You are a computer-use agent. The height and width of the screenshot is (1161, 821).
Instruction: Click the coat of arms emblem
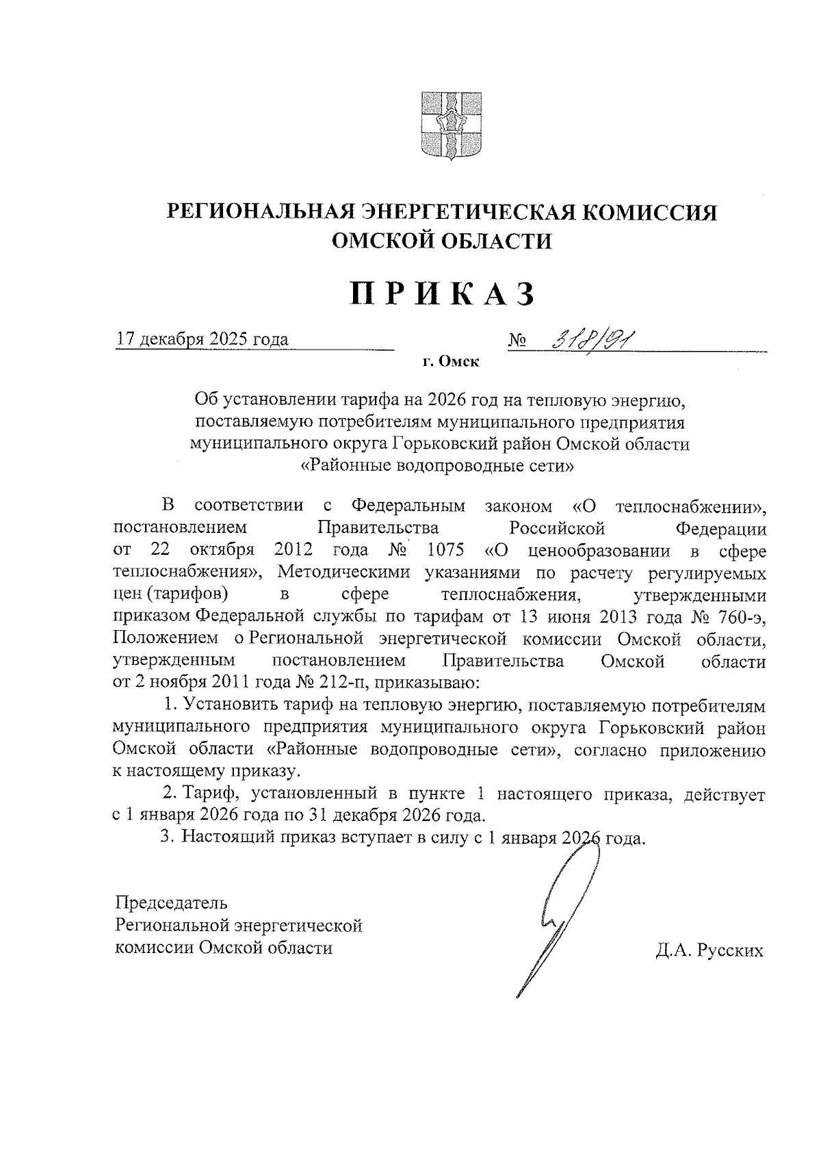[x=443, y=125]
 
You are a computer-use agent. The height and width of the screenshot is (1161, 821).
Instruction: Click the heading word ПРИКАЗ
[x=442, y=293]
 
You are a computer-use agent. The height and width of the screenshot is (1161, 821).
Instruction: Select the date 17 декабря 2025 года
[x=203, y=339]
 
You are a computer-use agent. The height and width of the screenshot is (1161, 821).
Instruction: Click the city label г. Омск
[x=450, y=362]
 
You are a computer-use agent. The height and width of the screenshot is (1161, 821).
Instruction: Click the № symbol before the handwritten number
[x=517, y=340]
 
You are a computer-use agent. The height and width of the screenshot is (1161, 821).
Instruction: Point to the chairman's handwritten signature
[x=558, y=917]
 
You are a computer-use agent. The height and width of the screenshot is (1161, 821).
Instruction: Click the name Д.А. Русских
[x=708, y=951]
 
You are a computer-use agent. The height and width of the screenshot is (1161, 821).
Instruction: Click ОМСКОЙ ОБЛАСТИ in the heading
[x=442, y=242]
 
